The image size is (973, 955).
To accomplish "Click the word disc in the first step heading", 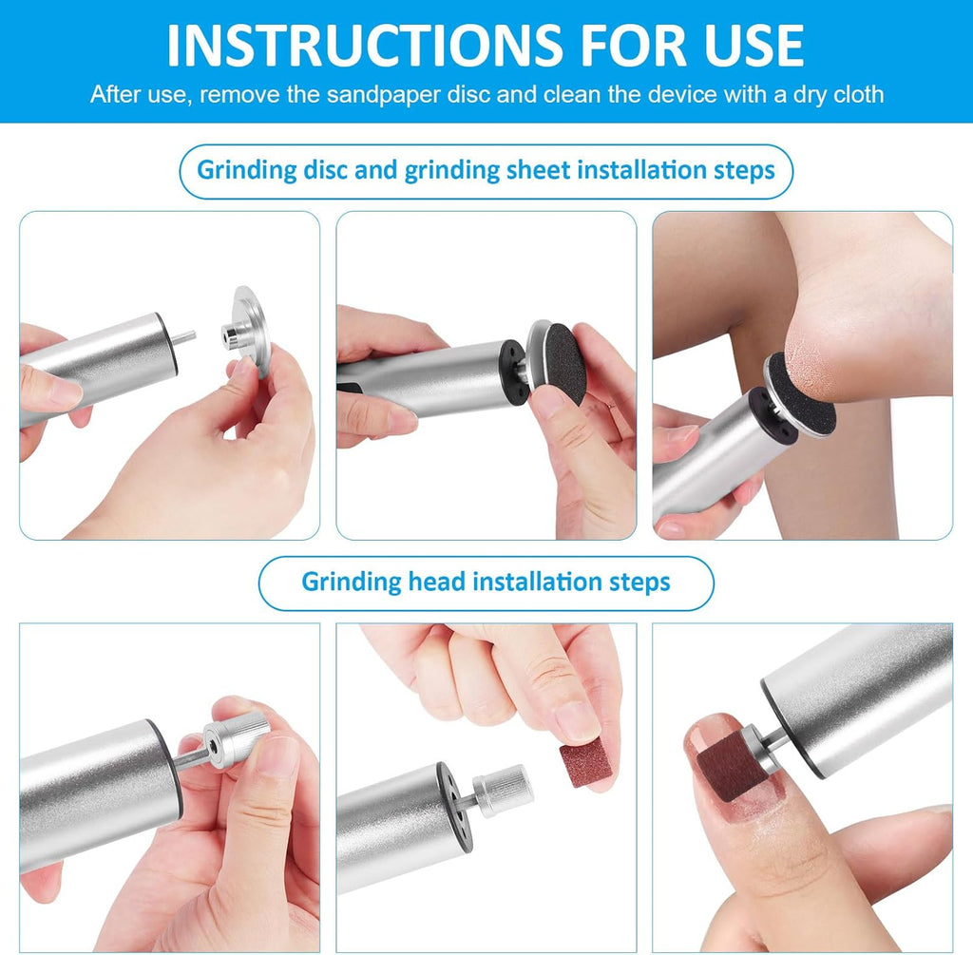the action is click(325, 170).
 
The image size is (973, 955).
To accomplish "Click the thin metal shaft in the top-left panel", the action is click(185, 337).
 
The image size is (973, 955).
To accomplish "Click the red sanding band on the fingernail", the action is click(726, 763).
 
